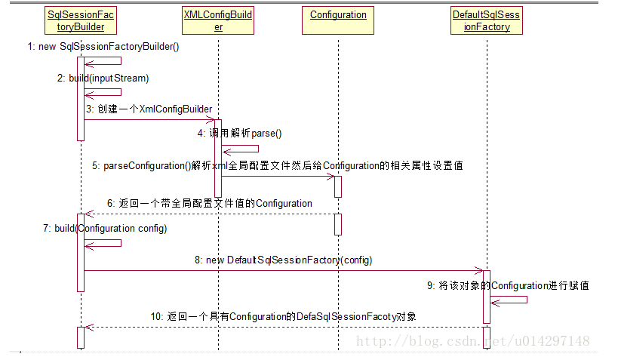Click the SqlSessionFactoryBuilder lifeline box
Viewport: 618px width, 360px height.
tap(81, 20)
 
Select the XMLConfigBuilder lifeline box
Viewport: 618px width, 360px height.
tap(218, 20)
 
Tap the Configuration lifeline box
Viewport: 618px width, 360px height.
tap(338, 15)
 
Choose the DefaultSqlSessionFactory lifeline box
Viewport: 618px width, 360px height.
tap(486, 20)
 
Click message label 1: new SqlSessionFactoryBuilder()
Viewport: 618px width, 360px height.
tap(103, 47)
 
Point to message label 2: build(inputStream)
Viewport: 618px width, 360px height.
tap(103, 78)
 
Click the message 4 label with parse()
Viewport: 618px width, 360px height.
tap(239, 134)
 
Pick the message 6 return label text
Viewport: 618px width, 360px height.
tap(209, 203)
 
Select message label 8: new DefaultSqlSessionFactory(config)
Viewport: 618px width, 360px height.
tap(283, 260)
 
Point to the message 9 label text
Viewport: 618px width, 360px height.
tap(508, 285)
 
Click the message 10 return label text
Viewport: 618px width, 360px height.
tap(283, 316)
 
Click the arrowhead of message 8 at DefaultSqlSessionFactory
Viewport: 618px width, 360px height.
tap(480, 270)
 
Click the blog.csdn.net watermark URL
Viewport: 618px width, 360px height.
tap(473, 341)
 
